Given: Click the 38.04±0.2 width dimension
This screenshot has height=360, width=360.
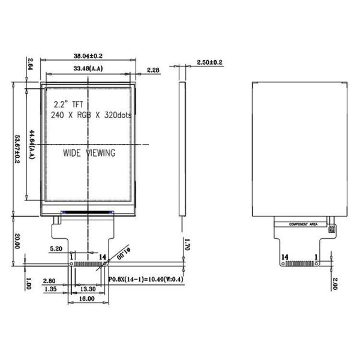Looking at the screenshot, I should click(x=88, y=55).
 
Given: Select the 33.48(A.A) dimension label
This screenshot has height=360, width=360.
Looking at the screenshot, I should click(x=88, y=70).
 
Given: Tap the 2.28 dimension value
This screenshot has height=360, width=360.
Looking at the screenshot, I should click(x=153, y=70).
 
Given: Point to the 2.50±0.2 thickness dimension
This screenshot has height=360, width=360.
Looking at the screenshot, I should click(x=209, y=62).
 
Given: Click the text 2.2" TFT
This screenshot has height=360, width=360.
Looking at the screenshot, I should click(x=70, y=103).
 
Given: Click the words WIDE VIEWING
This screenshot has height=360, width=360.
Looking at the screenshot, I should click(x=89, y=153).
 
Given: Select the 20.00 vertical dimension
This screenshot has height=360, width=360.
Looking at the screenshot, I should click(x=17, y=241).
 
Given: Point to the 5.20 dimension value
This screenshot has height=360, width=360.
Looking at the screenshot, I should click(x=56, y=248).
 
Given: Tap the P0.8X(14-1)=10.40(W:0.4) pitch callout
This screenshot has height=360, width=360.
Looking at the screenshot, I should click(x=148, y=279).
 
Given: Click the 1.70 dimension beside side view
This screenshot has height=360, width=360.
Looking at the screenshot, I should click(x=187, y=245).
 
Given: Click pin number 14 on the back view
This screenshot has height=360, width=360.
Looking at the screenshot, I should click(x=284, y=257).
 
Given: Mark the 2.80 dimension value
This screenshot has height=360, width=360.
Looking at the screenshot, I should click(x=50, y=280).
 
